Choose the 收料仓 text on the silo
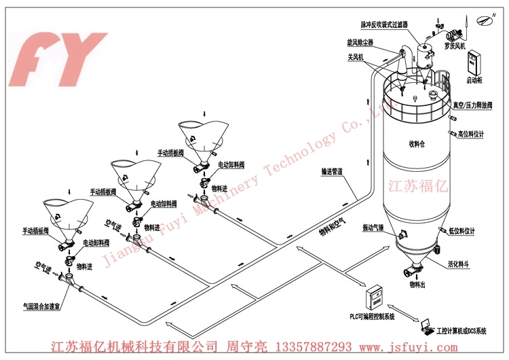pyautogui.click(x=415, y=143)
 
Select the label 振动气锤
pyautogui.click(x=373, y=228)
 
